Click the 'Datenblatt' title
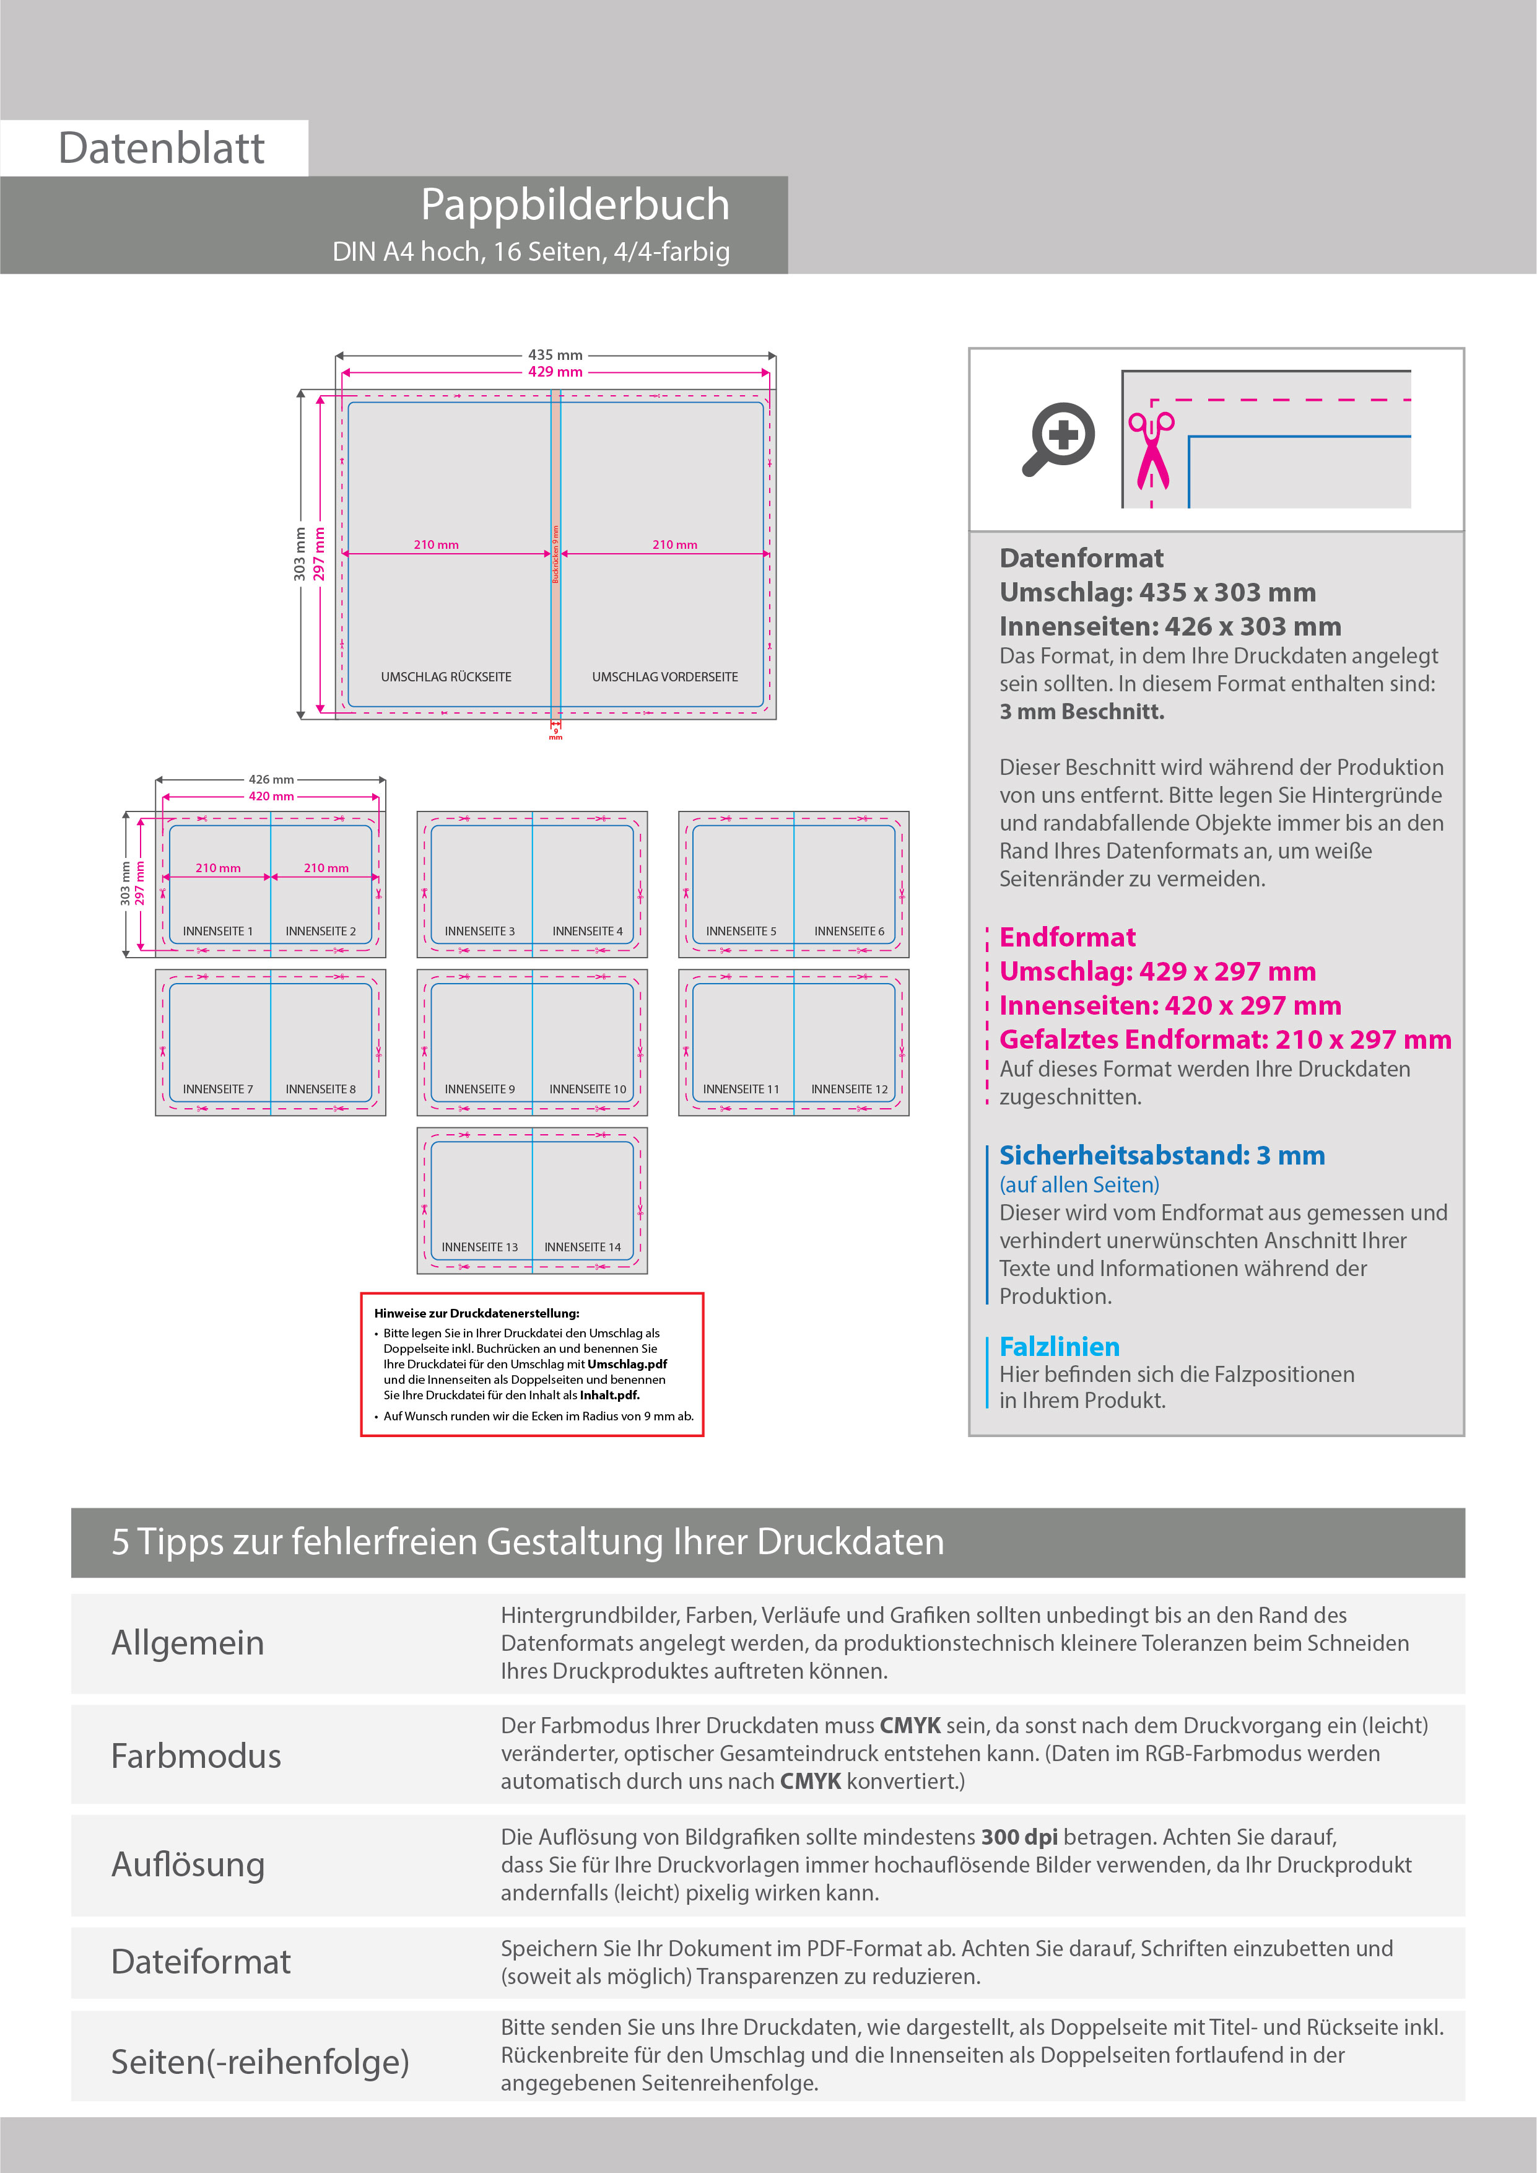161,149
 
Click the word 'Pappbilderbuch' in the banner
575,204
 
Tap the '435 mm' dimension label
555,356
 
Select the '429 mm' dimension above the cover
555,372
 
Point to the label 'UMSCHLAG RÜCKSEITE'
446,676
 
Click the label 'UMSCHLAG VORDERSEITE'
664,676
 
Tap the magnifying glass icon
1059,438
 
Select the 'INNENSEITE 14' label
582,1248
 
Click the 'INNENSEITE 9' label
480,1090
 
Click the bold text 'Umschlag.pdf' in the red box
627,1364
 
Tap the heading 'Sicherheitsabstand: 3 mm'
1161,1156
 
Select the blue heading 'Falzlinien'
1059,1347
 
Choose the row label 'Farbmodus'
196,1755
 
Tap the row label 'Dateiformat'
201,1962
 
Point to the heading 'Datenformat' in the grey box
1081,558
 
